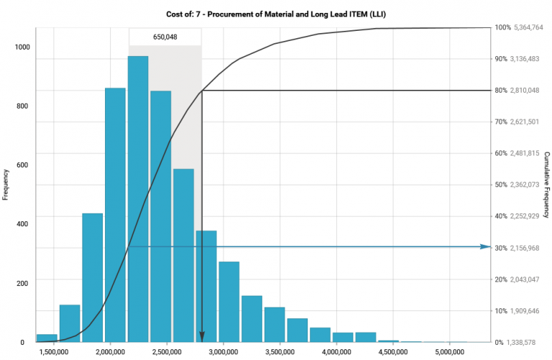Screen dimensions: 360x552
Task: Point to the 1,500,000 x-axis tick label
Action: coord(55,352)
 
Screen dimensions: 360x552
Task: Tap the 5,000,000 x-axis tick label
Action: coord(448,352)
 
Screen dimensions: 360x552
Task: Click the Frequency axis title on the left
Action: coord(6,185)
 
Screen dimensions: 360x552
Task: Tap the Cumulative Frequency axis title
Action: coord(547,185)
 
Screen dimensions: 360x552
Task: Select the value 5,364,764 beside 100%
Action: coord(528,27)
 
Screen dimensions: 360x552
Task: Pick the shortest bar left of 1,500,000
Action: coord(47,338)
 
